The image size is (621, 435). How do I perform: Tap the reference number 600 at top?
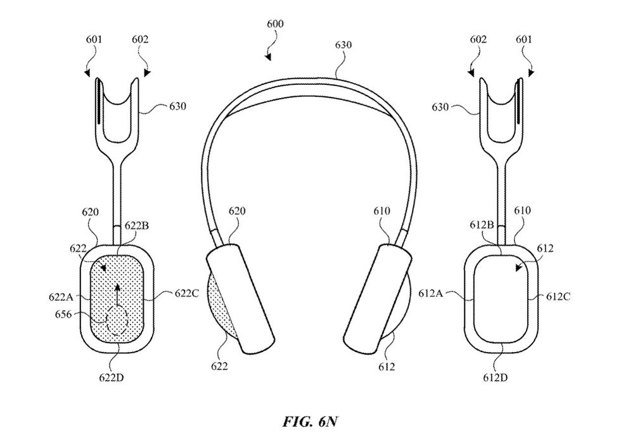point(275,24)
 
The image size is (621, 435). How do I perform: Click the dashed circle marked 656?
point(117,320)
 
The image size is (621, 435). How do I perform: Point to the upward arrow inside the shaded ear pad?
point(117,296)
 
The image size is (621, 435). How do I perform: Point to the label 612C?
point(559,296)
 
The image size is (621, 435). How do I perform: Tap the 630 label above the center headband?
point(345,46)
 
